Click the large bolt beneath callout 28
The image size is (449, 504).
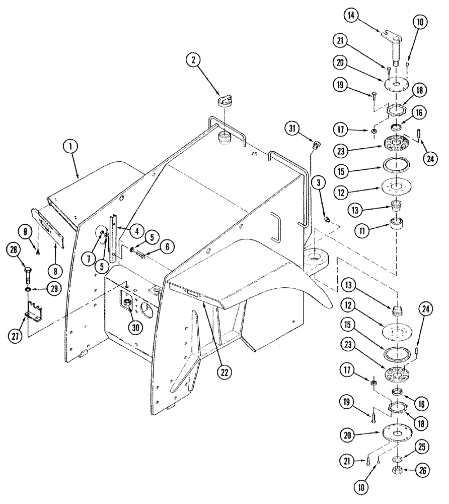tap(28, 275)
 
